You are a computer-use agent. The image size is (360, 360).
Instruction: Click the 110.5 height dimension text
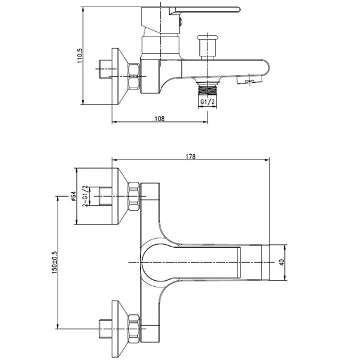click(80, 56)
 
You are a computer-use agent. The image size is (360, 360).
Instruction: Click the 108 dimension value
click(160, 118)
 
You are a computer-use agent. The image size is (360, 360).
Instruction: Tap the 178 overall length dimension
click(191, 157)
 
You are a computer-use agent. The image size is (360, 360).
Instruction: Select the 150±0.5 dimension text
click(55, 262)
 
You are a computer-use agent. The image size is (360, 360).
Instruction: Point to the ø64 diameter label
click(73, 196)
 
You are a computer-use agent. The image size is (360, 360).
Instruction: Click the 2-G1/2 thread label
click(85, 196)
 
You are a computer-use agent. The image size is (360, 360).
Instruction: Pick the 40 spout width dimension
click(282, 262)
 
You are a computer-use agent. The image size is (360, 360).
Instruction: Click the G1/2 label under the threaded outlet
click(208, 102)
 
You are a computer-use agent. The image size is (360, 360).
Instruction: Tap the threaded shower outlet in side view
click(208, 89)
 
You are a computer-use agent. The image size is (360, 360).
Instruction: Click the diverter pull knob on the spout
click(208, 46)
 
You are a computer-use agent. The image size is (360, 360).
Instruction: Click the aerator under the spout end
click(250, 80)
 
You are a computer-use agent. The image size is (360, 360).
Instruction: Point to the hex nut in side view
click(134, 76)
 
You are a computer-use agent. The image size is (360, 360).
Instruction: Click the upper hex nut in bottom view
click(134, 196)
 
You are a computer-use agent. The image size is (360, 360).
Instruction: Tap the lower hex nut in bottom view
click(134, 329)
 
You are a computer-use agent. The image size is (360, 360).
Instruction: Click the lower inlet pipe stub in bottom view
click(106, 329)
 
